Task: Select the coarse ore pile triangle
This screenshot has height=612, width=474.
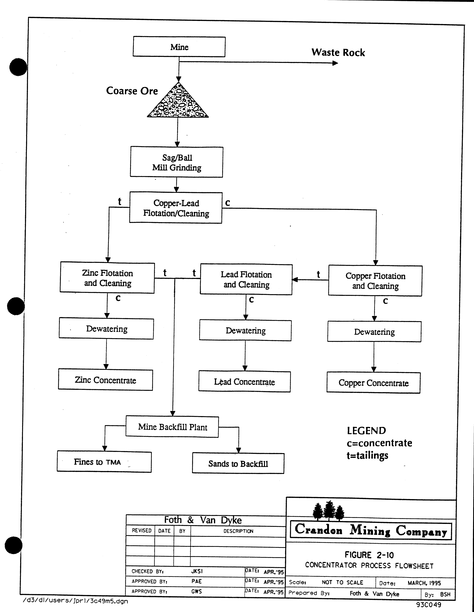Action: (178, 102)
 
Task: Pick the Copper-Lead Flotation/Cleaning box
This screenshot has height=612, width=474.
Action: (176, 208)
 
